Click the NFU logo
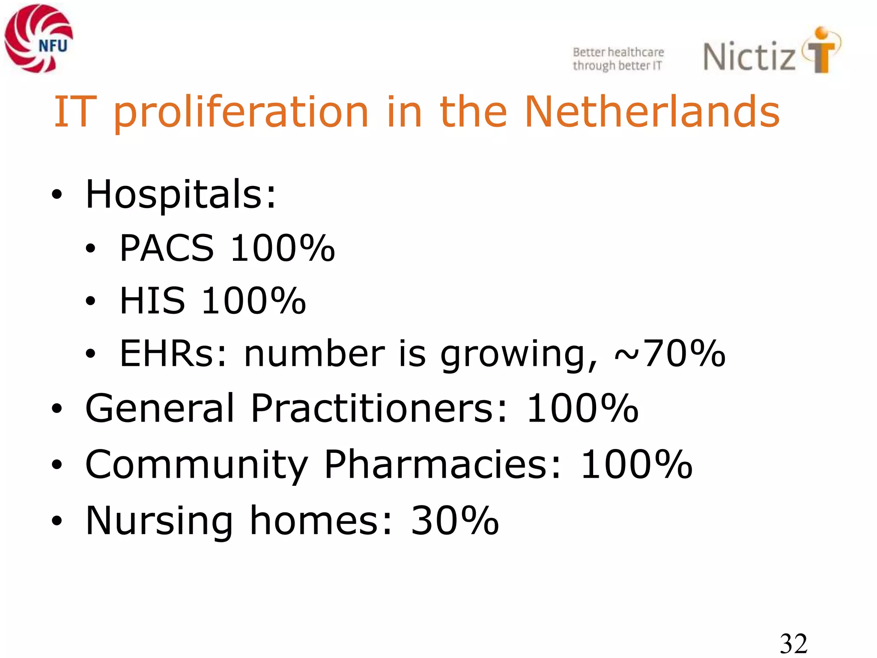click(39, 39)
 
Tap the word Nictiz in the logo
click(749, 57)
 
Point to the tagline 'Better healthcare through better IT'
click(618, 59)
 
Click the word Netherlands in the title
click(652, 112)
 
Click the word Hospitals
click(180, 195)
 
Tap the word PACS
click(167, 248)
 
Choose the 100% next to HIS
click(254, 301)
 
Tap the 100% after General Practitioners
click(582, 408)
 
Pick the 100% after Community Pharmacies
click(636, 464)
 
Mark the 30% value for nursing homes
click(455, 521)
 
